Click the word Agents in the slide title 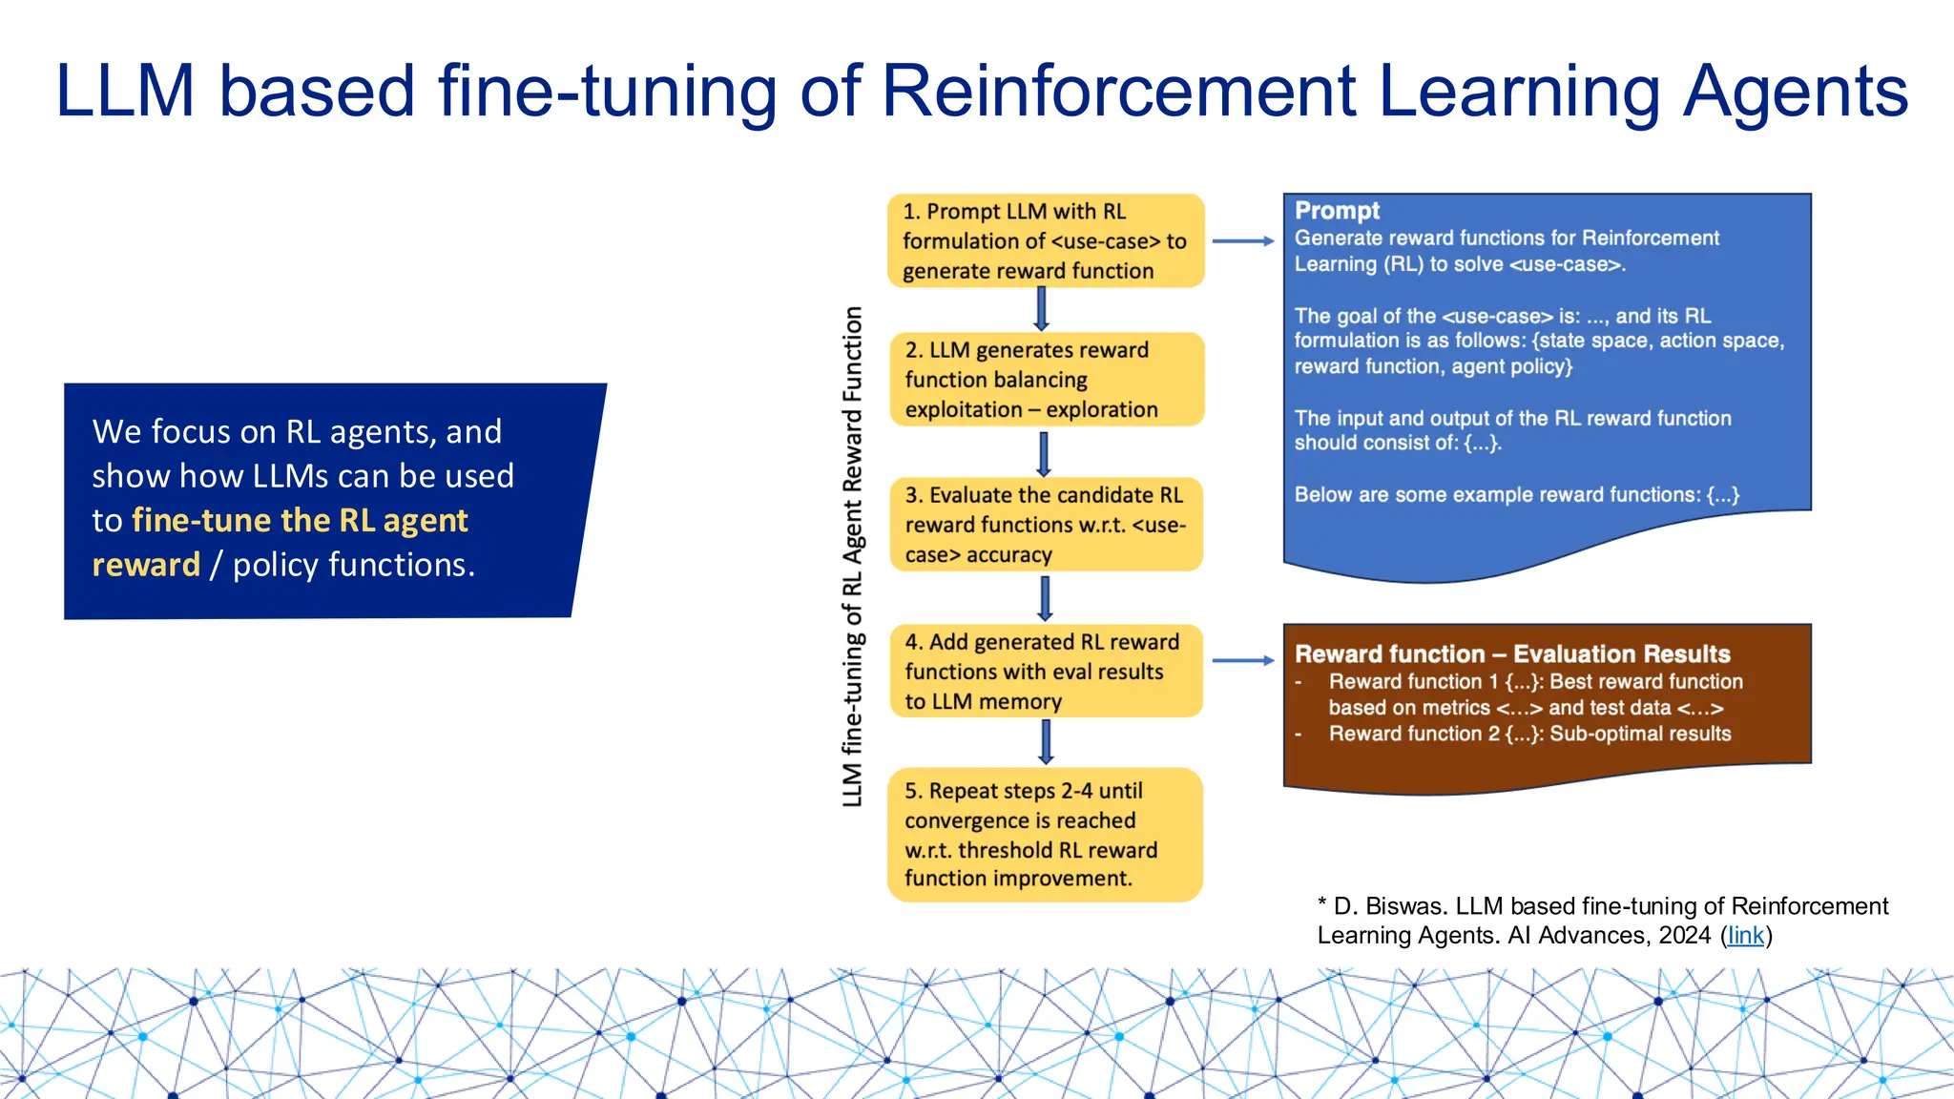pos(1794,92)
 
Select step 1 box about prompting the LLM pos(1045,240)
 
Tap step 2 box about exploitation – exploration pos(1045,379)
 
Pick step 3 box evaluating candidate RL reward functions pos(1045,525)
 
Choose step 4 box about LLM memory pos(1045,671)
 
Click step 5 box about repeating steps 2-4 pos(1045,835)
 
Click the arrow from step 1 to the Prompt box pos(1242,241)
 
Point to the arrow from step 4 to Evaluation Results pos(1242,660)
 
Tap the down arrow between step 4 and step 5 pos(1046,742)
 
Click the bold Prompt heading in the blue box pos(1337,211)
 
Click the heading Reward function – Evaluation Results pos(1511,654)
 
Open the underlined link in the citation pos(1745,936)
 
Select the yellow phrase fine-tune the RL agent pos(300,521)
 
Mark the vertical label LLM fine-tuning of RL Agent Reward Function pos(852,556)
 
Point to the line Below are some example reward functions pos(1516,495)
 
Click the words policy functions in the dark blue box pos(353,566)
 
